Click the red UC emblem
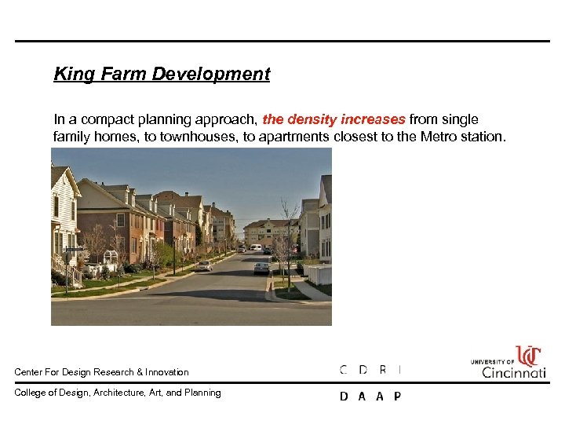pos(529,356)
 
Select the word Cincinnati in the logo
pos(513,371)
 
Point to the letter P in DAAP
pos(397,397)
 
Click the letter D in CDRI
pos(363,370)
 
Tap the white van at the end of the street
pos(256,247)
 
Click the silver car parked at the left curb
pos(204,266)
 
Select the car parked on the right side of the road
pos(261,268)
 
